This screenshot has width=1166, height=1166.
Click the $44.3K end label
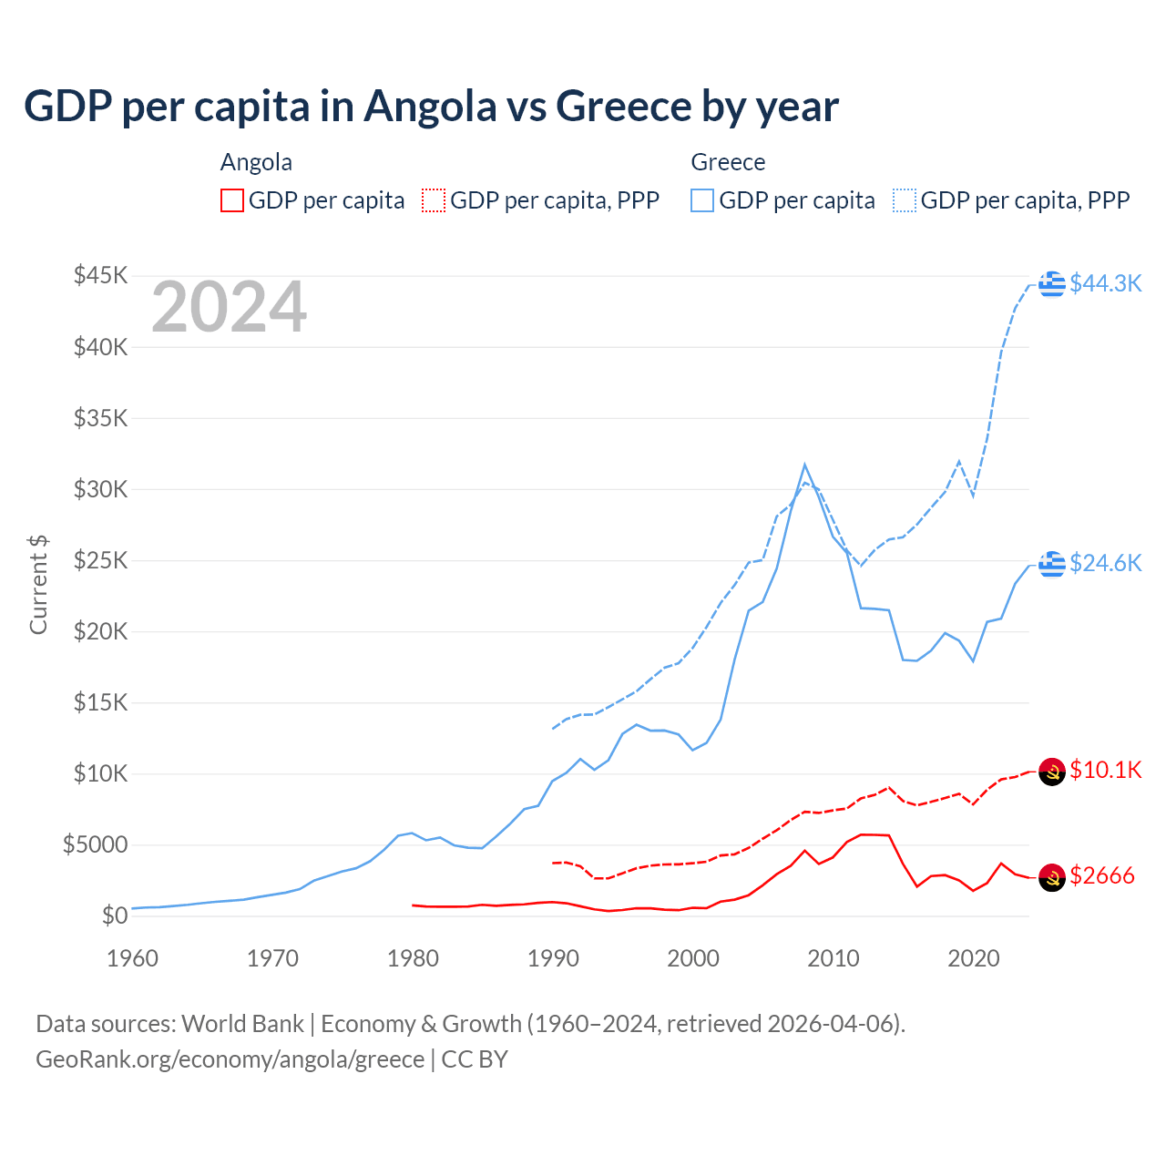(x=1105, y=283)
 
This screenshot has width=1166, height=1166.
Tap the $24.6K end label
(x=1105, y=563)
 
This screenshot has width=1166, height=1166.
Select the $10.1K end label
(x=1105, y=770)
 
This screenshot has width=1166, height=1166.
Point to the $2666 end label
(x=1101, y=875)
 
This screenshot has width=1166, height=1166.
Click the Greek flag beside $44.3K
(x=1052, y=283)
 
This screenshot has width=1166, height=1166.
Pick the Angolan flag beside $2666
(x=1052, y=876)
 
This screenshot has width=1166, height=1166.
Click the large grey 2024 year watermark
(x=229, y=307)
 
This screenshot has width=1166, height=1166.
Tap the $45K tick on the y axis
(x=100, y=275)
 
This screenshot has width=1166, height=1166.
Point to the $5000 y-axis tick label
(x=95, y=844)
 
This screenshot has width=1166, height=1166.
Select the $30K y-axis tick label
(x=100, y=489)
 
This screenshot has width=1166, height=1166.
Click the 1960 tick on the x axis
(x=133, y=958)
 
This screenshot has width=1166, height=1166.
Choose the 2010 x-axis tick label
(x=834, y=958)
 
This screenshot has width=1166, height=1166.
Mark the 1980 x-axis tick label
(x=413, y=958)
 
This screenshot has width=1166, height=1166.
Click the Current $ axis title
(x=38, y=584)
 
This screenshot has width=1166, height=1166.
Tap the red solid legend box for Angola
(x=232, y=200)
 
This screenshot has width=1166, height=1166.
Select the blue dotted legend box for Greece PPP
(x=905, y=200)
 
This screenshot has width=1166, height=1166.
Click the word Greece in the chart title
(x=624, y=107)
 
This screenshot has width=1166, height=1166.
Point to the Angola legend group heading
(x=256, y=162)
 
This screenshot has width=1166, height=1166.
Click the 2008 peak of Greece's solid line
(x=804, y=465)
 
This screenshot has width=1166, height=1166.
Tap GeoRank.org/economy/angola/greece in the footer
(x=230, y=1059)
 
